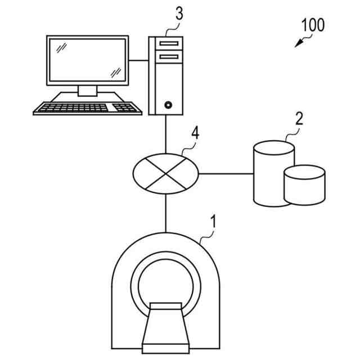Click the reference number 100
pyautogui.click(x=313, y=25)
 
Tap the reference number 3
pyautogui.click(x=179, y=14)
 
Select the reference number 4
pyautogui.click(x=195, y=134)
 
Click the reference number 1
pyautogui.click(x=212, y=220)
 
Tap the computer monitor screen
pyautogui.click(x=87, y=60)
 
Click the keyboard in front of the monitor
pyautogui.click(x=88, y=107)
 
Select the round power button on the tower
pyautogui.click(x=167, y=105)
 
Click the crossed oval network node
pyautogui.click(x=166, y=173)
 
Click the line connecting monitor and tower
pyautogui.click(x=138, y=60)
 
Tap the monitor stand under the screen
pyautogui.click(x=87, y=91)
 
